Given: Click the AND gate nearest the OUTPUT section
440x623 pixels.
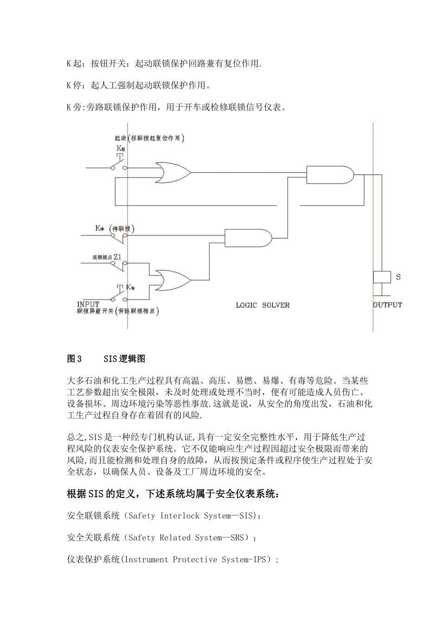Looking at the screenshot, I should (329, 175).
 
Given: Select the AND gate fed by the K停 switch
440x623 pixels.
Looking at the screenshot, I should (248, 237).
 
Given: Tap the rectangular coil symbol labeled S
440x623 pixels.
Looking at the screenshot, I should (382, 277).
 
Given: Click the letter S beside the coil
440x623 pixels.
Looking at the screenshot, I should (398, 277).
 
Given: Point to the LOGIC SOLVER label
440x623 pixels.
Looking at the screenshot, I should (263, 305).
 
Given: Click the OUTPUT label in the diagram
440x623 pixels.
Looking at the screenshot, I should (387, 305).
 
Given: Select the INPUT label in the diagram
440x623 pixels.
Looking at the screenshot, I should (88, 304).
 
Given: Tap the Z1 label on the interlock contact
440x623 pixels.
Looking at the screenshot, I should (118, 256).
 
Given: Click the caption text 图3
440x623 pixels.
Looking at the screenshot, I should (74, 359).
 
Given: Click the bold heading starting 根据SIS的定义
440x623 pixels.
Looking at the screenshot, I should (173, 494).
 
